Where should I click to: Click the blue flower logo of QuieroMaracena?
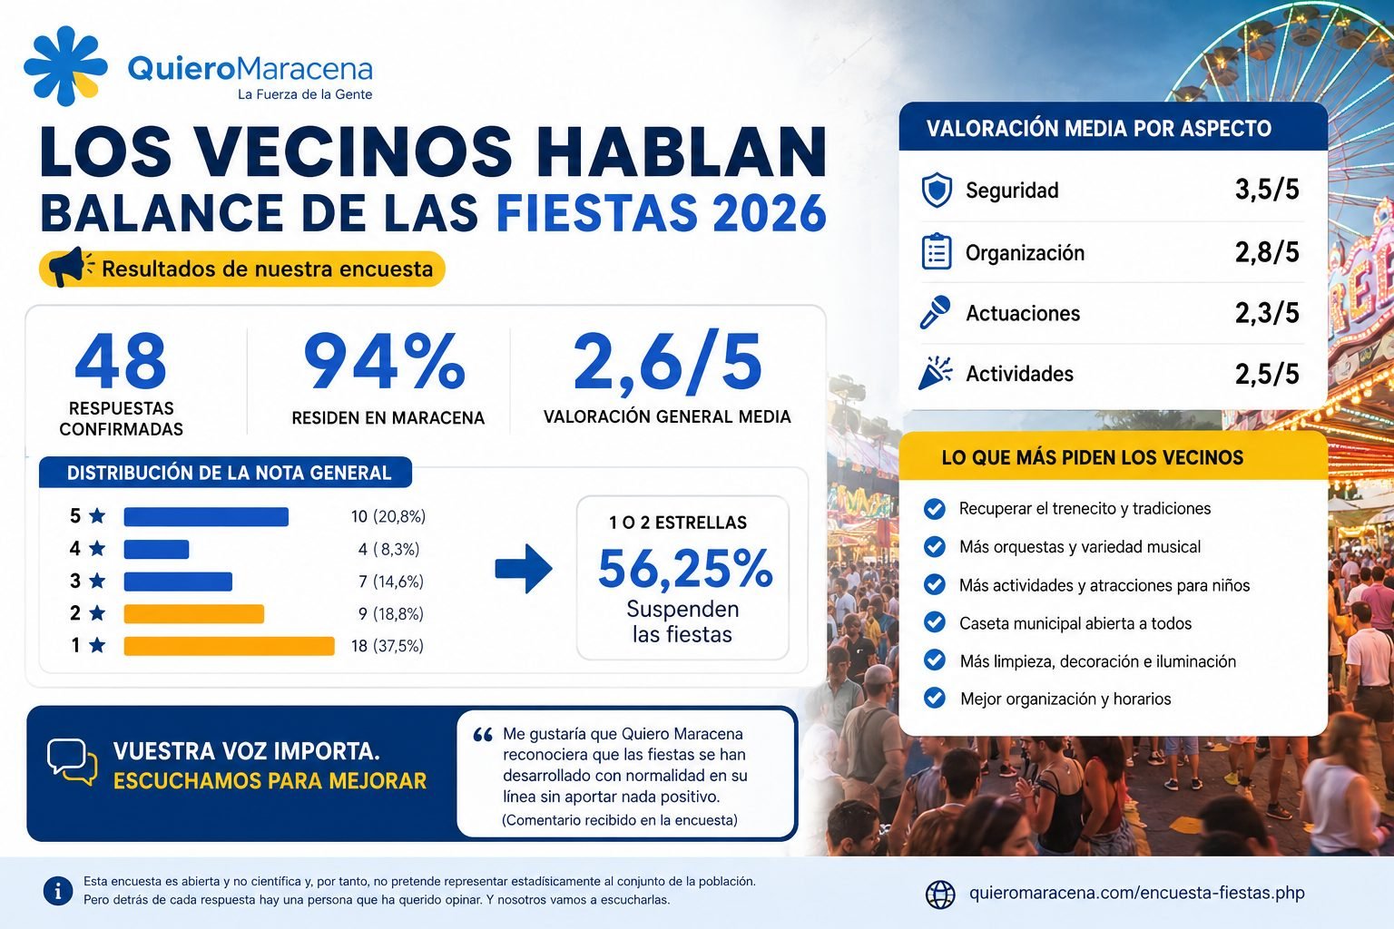pos(65,65)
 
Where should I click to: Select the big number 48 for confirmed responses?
pos(121,361)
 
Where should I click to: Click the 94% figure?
pos(384,361)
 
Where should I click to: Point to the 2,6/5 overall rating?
pos(667,363)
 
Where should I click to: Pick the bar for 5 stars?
pos(206,516)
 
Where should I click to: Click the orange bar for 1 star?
pos(229,646)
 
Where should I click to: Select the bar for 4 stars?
pos(156,549)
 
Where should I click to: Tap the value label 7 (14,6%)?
pos(391,582)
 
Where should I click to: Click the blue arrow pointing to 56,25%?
pos(524,568)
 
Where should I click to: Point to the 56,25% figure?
pos(685,568)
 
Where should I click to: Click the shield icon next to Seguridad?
pos(937,190)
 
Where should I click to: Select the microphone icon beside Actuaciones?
pos(936,312)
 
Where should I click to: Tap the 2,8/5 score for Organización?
pos(1267,252)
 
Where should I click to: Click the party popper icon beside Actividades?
pos(936,373)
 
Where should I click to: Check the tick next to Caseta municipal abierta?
pos(934,622)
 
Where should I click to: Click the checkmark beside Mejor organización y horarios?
pos(934,699)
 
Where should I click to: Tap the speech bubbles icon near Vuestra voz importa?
pos(73,762)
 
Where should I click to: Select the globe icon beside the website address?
pos(940,895)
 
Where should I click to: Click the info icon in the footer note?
pos(58,891)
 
